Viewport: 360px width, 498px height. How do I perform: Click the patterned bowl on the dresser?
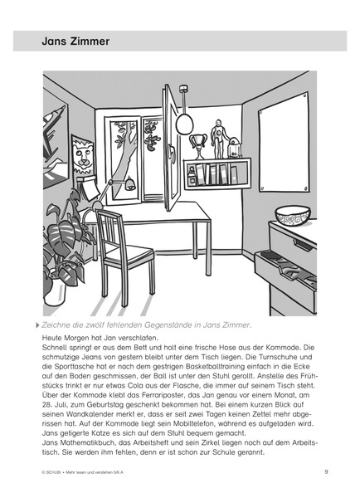293,216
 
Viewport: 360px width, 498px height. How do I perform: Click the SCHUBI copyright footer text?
75,471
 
